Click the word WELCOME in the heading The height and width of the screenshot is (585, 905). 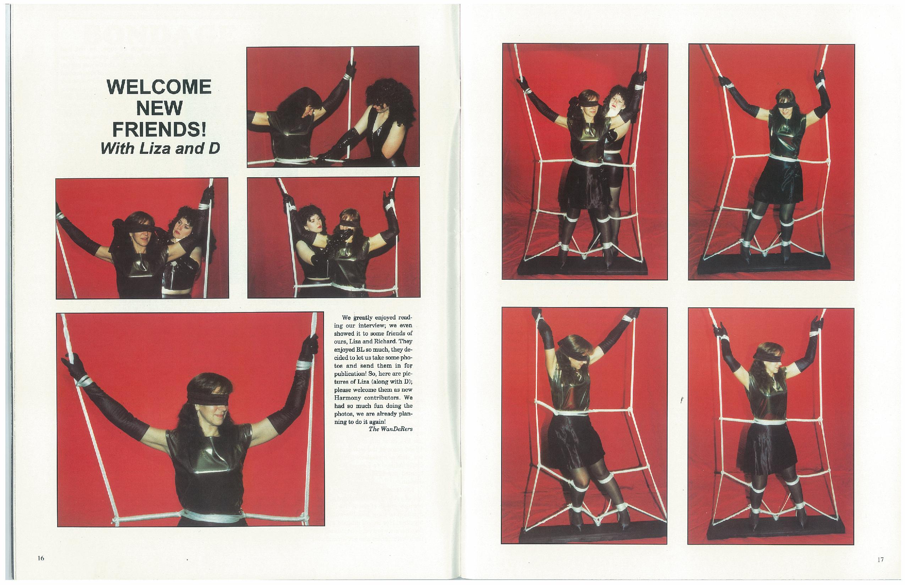point(159,87)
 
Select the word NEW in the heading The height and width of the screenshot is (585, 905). point(159,108)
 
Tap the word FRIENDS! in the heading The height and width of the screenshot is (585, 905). point(159,129)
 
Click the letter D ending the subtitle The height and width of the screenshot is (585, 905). point(214,149)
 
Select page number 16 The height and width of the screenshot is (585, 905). point(41,558)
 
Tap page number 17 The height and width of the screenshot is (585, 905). point(881,559)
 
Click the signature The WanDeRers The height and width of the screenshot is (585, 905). point(390,429)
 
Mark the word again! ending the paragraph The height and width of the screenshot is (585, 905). point(376,422)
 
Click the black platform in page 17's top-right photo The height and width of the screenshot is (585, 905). point(772,262)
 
